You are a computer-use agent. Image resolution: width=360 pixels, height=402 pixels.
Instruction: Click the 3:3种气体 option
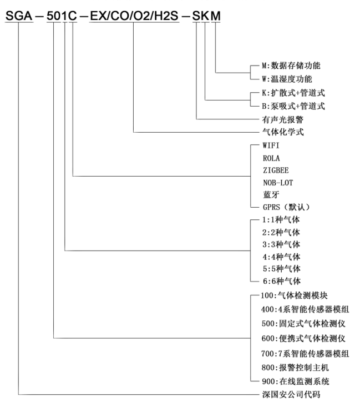coord(281,244)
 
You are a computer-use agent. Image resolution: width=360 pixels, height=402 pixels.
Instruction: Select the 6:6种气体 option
coord(281,281)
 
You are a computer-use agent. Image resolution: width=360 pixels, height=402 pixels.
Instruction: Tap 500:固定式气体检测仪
coord(300,324)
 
